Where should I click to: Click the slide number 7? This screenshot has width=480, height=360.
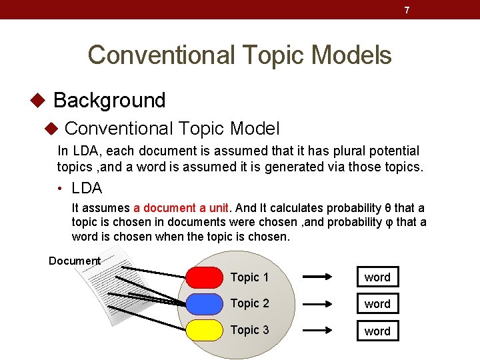click(x=407, y=10)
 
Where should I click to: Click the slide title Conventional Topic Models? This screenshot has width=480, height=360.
click(x=239, y=55)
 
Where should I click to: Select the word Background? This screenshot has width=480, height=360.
click(x=109, y=101)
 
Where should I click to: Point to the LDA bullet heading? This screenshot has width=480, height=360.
click(x=87, y=188)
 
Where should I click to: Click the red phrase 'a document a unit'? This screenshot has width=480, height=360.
click(x=181, y=208)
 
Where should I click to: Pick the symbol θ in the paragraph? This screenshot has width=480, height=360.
click(x=399, y=208)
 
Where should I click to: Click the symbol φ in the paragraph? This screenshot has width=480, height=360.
click(x=388, y=222)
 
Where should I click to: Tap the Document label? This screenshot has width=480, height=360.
click(x=74, y=261)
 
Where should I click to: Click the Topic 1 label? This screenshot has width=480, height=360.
click(x=249, y=277)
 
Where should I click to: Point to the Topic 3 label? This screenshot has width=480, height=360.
click(x=249, y=330)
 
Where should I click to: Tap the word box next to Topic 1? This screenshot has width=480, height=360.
click(x=377, y=277)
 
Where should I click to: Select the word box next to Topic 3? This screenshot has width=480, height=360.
click(x=377, y=331)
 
